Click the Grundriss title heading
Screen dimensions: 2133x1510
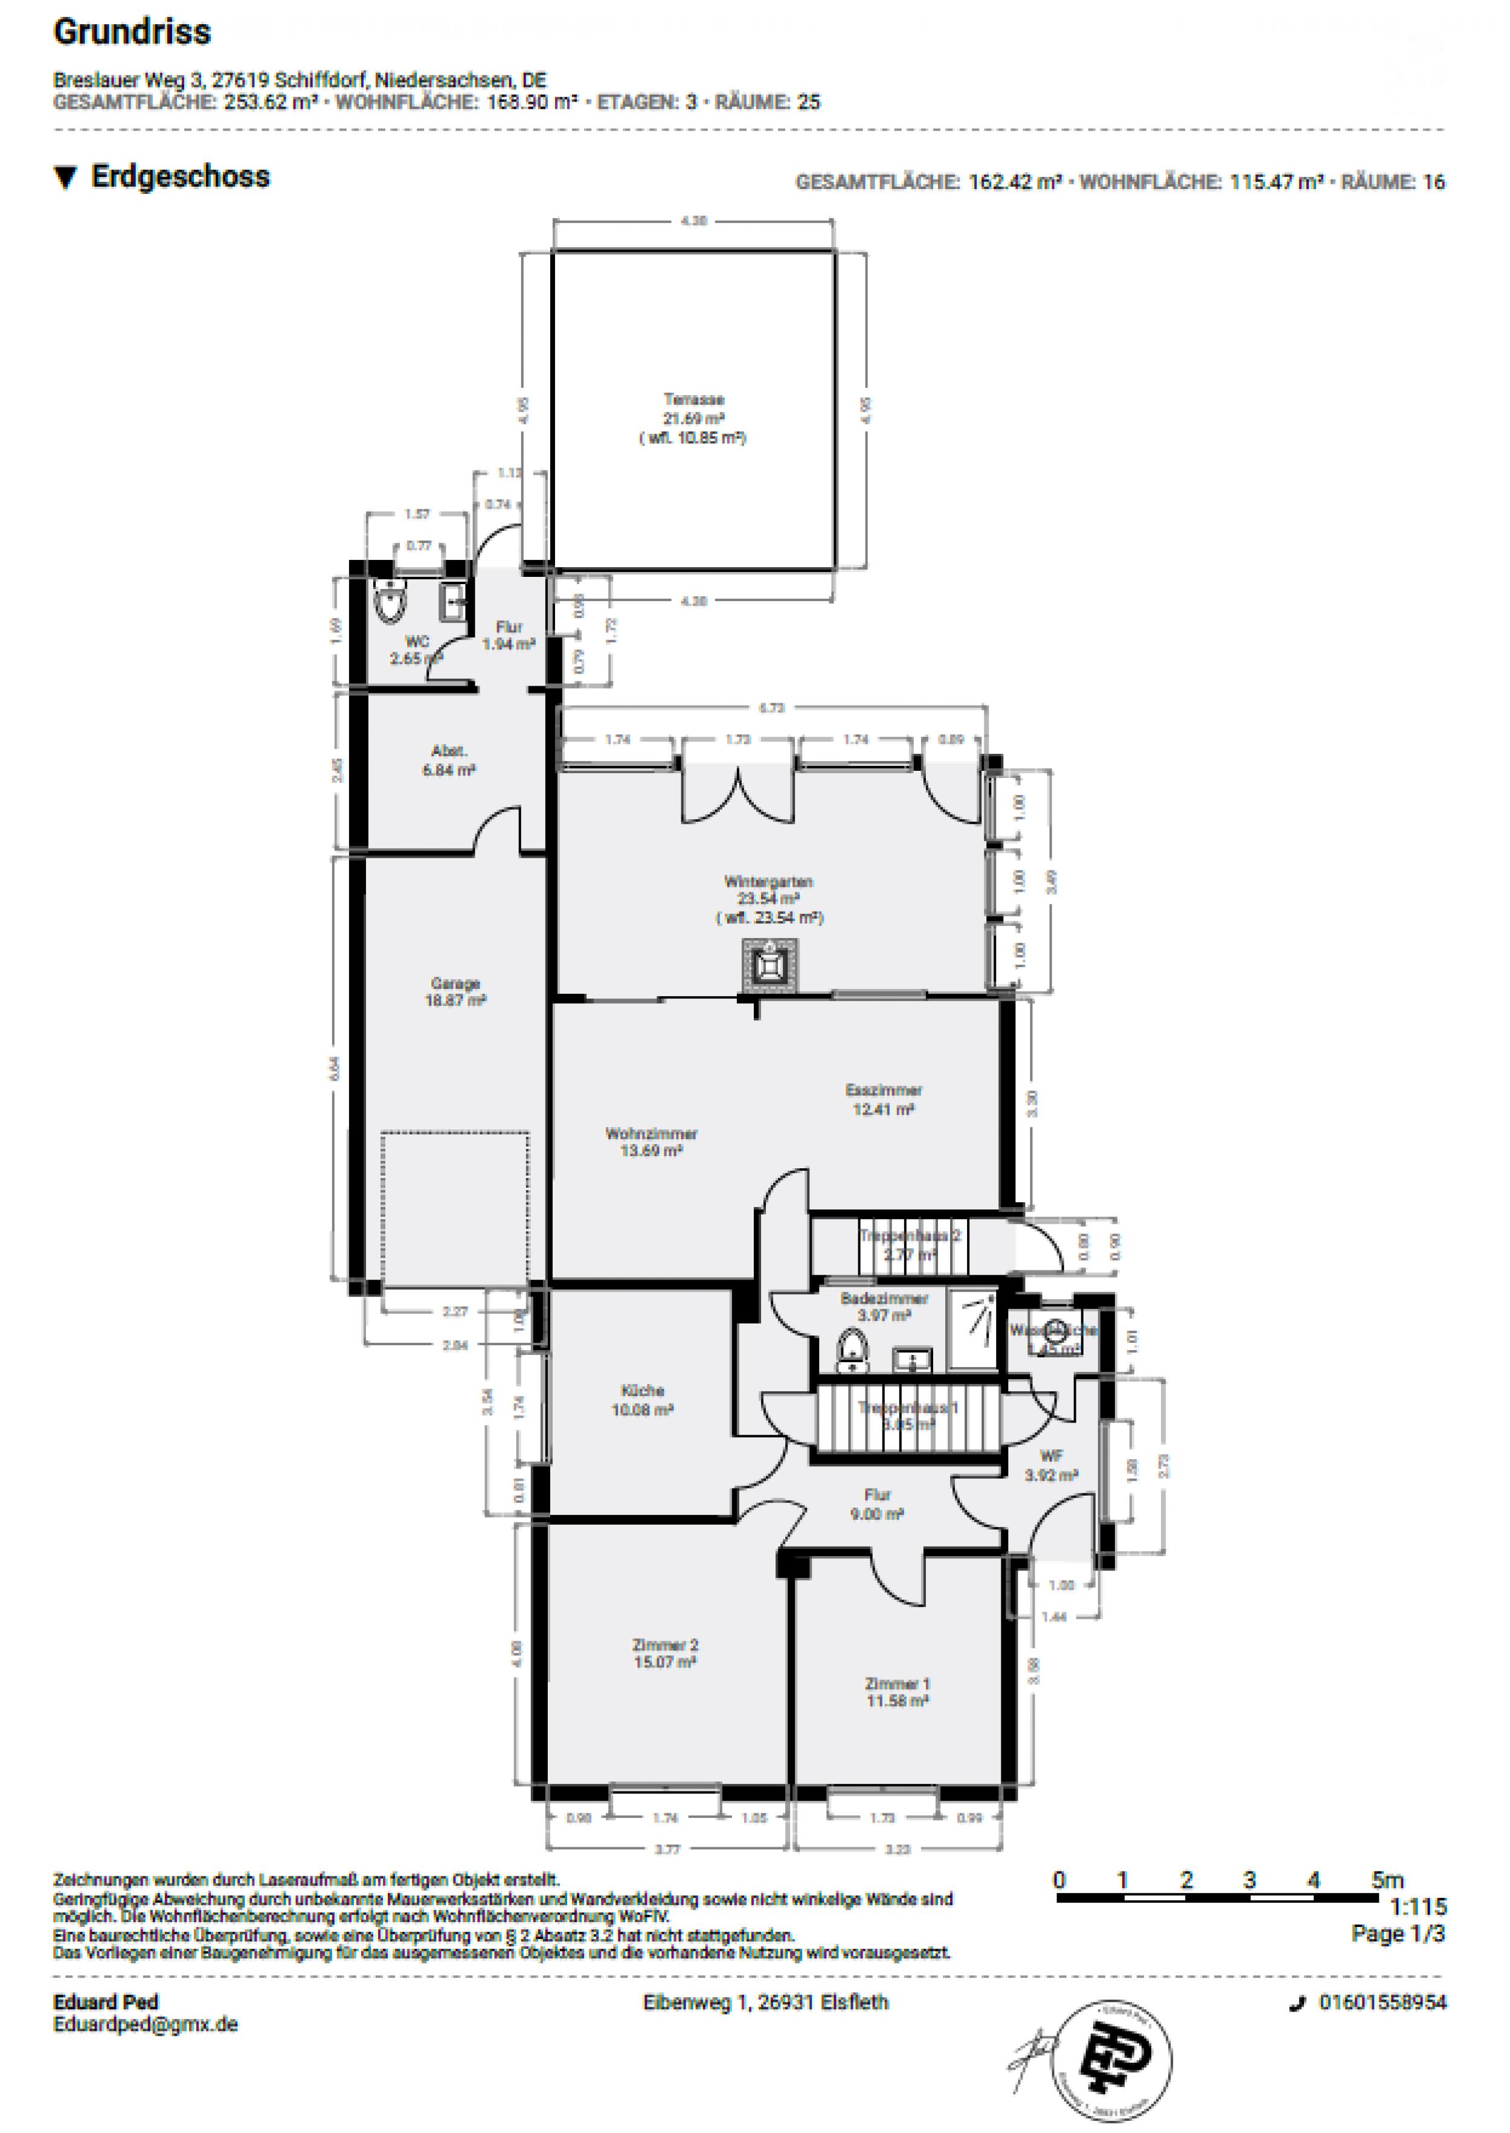[132, 33]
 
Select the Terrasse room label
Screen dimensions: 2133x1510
[693, 419]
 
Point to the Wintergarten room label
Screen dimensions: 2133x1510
[769, 898]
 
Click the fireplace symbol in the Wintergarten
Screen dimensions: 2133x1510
[769, 967]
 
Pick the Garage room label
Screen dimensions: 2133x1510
[455, 992]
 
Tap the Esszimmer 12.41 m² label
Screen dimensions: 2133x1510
[883, 1099]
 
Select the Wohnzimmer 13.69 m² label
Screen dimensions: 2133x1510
[651, 1142]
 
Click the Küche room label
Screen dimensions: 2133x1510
[641, 1400]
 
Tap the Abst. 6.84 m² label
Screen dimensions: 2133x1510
[449, 760]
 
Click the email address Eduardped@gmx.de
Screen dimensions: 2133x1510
[145, 2024]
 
